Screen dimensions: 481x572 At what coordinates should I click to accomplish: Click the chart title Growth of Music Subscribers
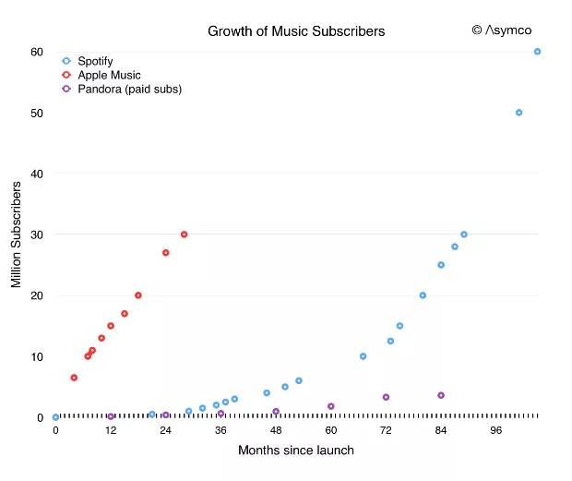coord(296,31)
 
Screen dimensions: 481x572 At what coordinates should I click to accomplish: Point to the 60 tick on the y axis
coord(37,52)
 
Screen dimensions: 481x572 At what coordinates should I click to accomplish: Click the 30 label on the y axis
coord(37,234)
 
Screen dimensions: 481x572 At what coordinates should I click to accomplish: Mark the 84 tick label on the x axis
coord(441,431)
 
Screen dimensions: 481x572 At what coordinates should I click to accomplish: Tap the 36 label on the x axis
coord(220,431)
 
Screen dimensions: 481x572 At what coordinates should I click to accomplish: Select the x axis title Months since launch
coord(295,451)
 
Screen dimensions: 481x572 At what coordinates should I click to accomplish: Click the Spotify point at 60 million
coord(537,52)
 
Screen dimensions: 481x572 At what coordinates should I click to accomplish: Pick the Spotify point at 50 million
coord(518,113)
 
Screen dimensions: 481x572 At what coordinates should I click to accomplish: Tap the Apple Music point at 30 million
coord(184,234)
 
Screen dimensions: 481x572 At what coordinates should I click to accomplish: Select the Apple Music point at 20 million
coord(138,295)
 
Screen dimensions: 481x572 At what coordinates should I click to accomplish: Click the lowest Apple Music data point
coord(74,378)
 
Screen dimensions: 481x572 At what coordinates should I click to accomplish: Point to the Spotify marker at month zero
coord(55,417)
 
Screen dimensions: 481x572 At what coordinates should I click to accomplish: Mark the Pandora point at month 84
coord(441,395)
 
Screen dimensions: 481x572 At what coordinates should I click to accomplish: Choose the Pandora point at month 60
coord(330,406)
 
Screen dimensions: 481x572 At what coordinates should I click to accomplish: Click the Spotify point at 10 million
coord(363,356)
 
